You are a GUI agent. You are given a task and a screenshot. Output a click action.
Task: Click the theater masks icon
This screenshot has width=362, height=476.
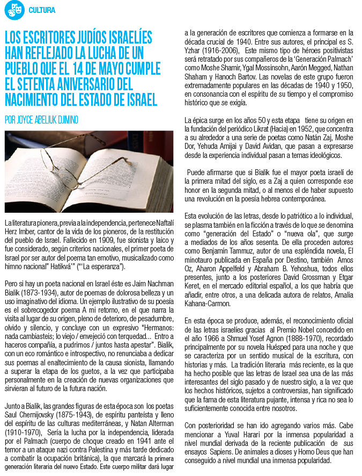coord(15,10)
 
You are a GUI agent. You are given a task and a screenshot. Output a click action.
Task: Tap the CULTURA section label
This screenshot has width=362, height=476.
coord(41,10)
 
